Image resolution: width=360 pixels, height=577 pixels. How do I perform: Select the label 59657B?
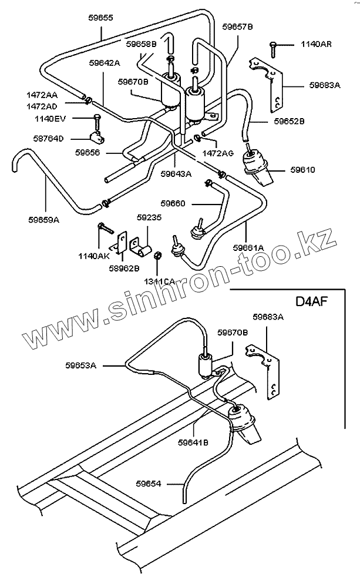click(x=238, y=27)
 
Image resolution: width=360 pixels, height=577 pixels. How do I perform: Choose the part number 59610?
click(x=302, y=170)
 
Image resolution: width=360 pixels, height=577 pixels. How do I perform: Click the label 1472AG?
click(x=218, y=153)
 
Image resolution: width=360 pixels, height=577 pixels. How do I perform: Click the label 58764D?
click(x=50, y=139)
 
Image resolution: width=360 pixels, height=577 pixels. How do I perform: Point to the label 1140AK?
click(x=94, y=256)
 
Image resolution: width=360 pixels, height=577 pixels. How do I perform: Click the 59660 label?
click(x=173, y=203)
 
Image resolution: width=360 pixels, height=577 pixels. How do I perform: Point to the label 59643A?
click(x=176, y=173)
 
